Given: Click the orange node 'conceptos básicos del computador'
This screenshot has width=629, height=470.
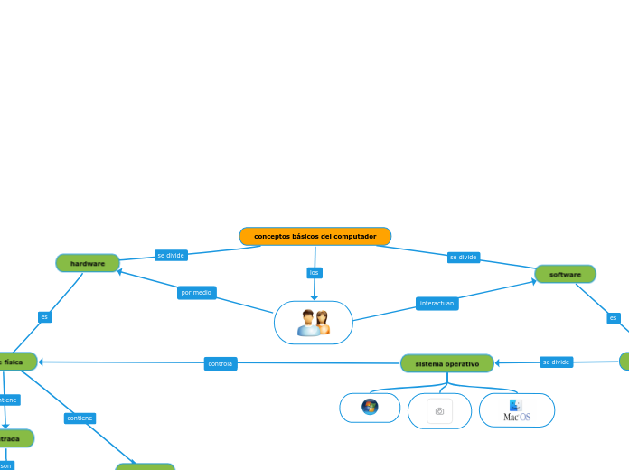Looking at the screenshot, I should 314,236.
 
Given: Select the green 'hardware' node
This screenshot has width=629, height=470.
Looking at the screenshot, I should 88,263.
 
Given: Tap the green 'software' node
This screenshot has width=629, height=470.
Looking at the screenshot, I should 565,274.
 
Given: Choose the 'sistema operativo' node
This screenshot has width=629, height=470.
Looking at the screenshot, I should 446,363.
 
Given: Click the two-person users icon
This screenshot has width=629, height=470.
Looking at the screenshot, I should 314,323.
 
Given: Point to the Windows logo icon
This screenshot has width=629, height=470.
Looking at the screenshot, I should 370,407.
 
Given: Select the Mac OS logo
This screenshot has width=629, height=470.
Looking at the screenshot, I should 517,410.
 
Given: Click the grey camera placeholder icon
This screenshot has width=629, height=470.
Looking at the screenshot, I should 439,411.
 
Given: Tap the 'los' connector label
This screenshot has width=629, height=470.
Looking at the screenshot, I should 314,272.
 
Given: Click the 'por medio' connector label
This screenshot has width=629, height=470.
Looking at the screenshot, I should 196,293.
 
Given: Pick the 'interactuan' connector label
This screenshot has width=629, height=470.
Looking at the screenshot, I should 437,304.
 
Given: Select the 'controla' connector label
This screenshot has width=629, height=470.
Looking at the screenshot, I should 220,363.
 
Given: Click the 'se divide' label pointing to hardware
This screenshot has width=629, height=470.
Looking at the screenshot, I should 171,255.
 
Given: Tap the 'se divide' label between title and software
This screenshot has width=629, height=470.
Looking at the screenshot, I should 463,258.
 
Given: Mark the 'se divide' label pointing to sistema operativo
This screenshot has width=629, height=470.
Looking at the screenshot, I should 556,362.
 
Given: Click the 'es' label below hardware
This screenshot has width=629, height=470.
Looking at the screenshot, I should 44,317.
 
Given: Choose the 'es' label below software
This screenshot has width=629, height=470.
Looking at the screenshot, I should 614,318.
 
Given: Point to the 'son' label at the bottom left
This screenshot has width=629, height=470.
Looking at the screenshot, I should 5,465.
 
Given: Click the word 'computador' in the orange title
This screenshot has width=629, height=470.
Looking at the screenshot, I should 354,236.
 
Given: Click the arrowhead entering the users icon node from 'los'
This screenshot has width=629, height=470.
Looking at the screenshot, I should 314,297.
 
